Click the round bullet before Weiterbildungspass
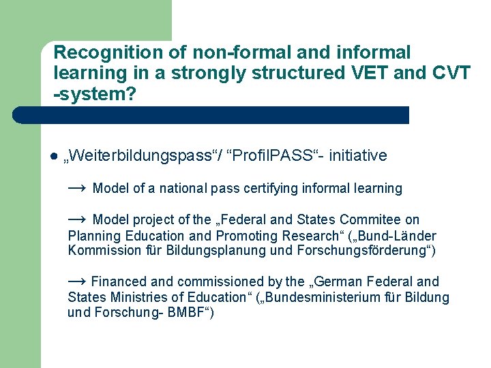[x=53, y=156]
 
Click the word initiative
[x=358, y=156]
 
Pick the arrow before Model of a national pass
[x=76, y=187]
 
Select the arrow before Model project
[x=76, y=219]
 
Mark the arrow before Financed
[x=76, y=281]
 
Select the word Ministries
[x=138, y=297]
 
